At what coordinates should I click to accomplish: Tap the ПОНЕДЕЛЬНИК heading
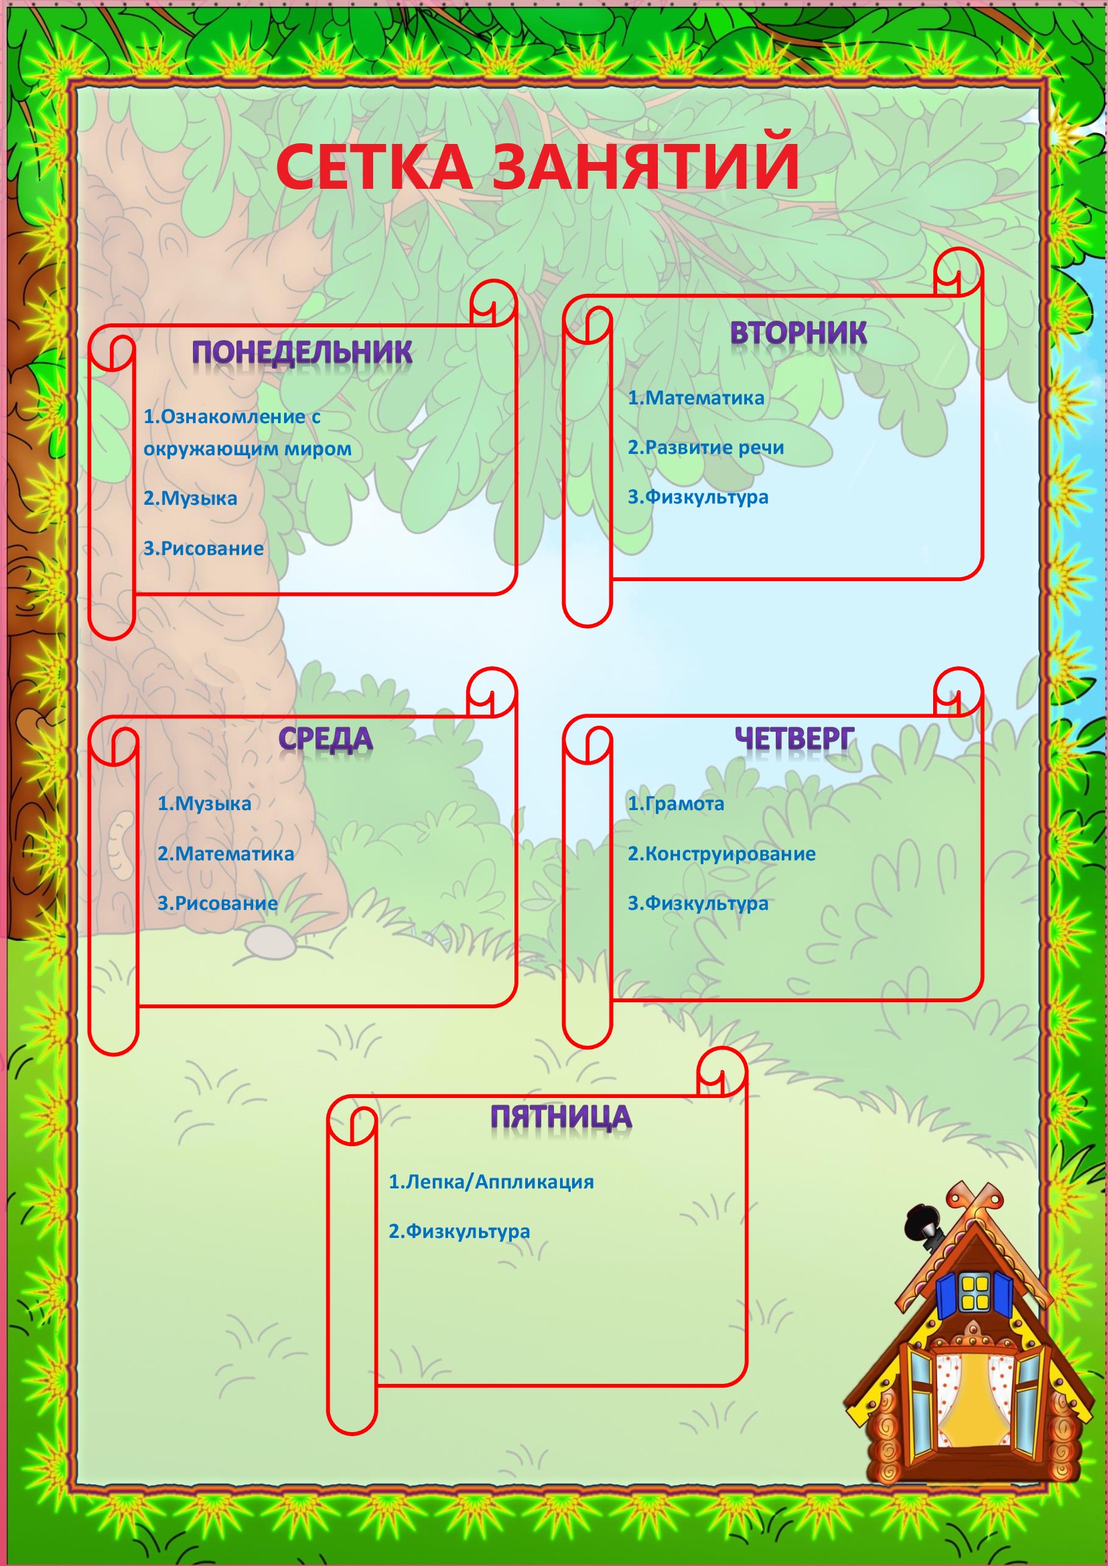pos(302,352)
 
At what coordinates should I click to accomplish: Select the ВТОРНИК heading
pos(799,333)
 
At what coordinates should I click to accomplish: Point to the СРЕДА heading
pos(326,739)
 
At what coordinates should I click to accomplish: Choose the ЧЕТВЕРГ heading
pos(794,738)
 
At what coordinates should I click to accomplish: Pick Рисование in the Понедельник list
pos(212,548)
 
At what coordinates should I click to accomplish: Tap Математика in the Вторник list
pos(705,398)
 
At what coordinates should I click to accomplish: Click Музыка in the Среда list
pos(213,804)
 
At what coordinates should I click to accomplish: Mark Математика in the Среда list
pos(234,854)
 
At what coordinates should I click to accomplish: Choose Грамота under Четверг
pos(685,804)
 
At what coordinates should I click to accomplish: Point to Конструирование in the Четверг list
pos(730,854)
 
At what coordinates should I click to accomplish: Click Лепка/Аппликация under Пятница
pos(500,1182)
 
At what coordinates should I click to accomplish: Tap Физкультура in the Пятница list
pos(468,1232)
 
